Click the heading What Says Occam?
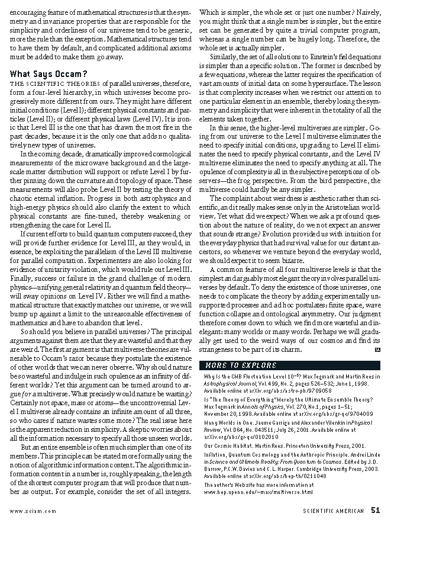click(49, 74)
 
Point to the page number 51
click(376, 511)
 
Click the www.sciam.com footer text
click(33, 511)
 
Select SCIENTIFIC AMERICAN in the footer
click(334, 511)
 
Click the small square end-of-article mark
click(377, 350)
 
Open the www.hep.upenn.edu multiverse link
click(258, 492)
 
